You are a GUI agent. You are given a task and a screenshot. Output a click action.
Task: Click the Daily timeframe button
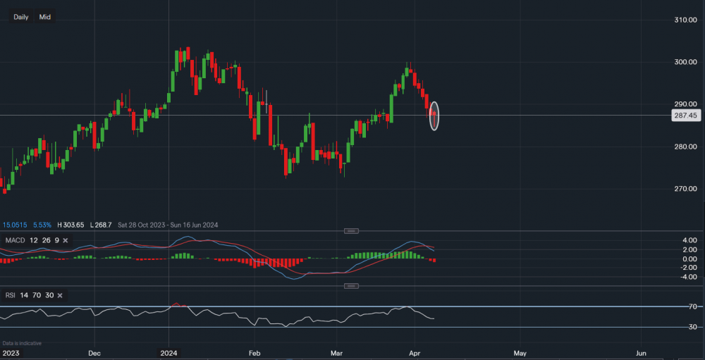[x=21, y=17]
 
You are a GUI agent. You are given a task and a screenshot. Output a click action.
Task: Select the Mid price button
[x=45, y=17]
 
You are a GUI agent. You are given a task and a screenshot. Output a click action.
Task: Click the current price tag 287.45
[x=684, y=116]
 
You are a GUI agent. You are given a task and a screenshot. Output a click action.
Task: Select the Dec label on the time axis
[x=95, y=352]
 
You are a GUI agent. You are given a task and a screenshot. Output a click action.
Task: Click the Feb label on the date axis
[x=255, y=352]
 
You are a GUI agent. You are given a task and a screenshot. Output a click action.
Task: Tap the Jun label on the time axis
[x=642, y=352]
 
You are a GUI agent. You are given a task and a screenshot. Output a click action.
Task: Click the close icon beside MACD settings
[x=65, y=241]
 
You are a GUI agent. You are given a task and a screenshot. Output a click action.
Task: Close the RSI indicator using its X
[x=60, y=295]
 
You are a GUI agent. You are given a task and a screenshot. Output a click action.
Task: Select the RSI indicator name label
[x=11, y=295]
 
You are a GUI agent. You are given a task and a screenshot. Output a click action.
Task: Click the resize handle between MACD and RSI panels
[x=352, y=286]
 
